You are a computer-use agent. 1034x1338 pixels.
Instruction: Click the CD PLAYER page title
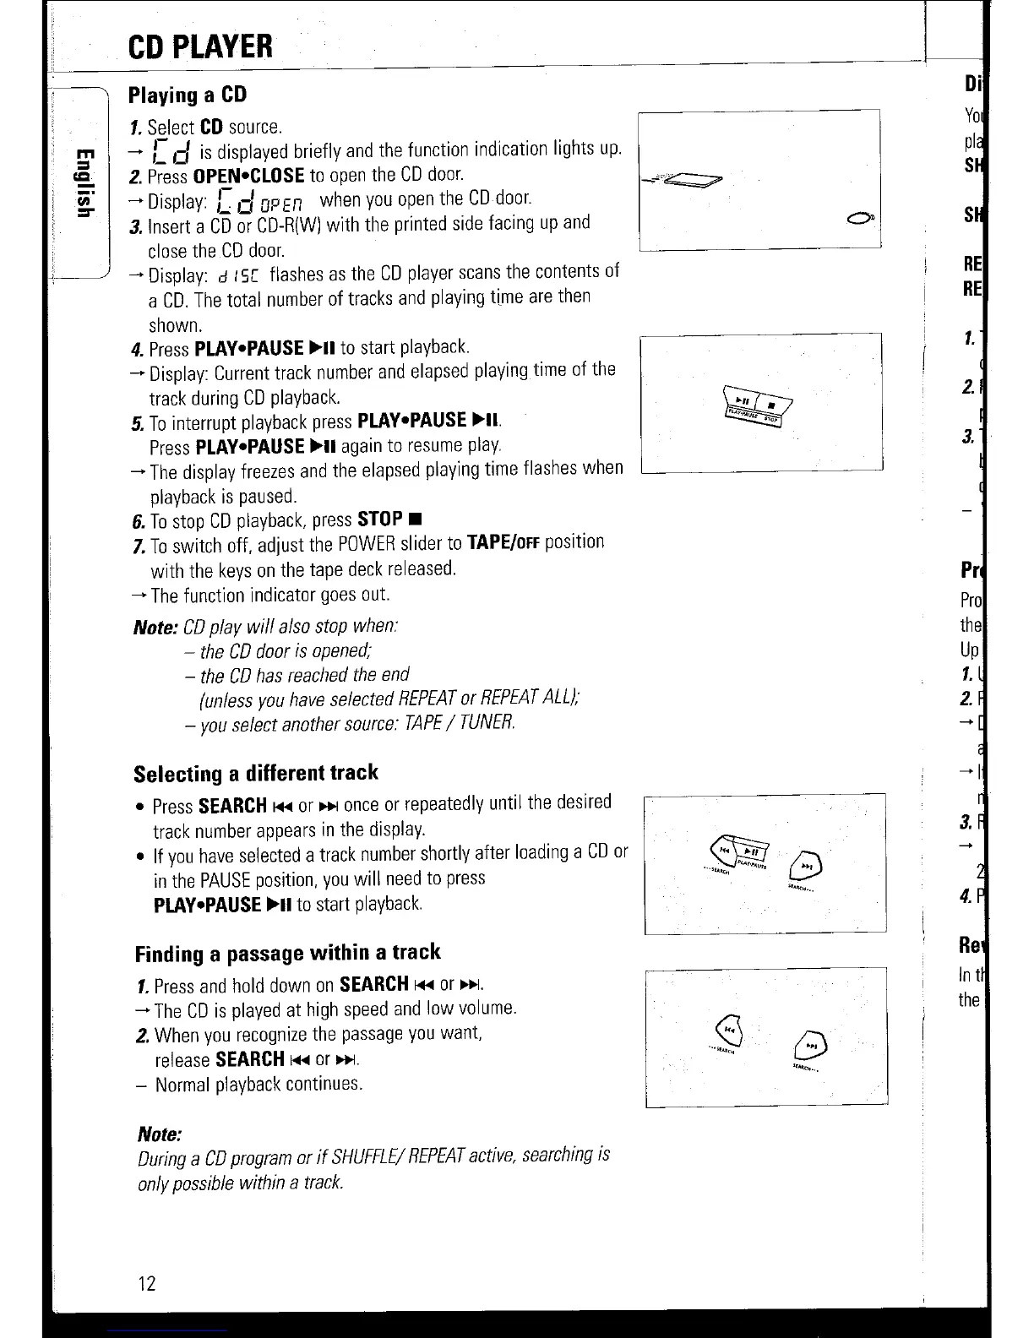click(x=201, y=46)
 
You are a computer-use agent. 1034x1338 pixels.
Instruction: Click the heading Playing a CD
click(x=187, y=94)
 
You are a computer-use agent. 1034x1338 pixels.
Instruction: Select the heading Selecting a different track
click(x=256, y=773)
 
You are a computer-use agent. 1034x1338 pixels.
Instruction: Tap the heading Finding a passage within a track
click(x=287, y=953)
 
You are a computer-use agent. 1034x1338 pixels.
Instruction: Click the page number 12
click(x=146, y=1284)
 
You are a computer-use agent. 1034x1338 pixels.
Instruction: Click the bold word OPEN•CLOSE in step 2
click(x=248, y=176)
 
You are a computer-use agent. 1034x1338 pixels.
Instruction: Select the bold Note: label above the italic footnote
click(x=160, y=1133)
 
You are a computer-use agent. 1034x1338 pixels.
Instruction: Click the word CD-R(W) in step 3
click(x=288, y=225)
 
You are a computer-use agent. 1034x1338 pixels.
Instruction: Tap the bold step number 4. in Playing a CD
click(x=138, y=349)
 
